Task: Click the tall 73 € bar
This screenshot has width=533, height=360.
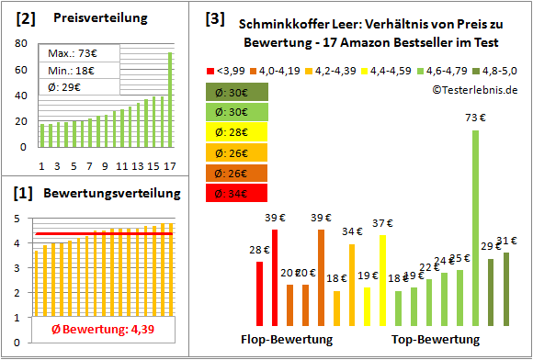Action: tap(475, 230)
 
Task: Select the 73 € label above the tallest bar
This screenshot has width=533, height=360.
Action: tap(475, 118)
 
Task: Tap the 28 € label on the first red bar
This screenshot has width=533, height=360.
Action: tap(258, 249)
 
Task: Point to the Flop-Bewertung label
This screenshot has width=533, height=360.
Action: tap(287, 340)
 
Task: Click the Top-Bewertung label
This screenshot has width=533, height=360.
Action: tap(436, 340)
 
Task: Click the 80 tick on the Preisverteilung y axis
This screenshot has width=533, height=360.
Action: tap(20, 43)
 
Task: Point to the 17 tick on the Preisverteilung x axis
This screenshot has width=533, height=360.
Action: tap(169, 165)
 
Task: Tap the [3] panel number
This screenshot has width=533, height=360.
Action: tap(214, 17)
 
